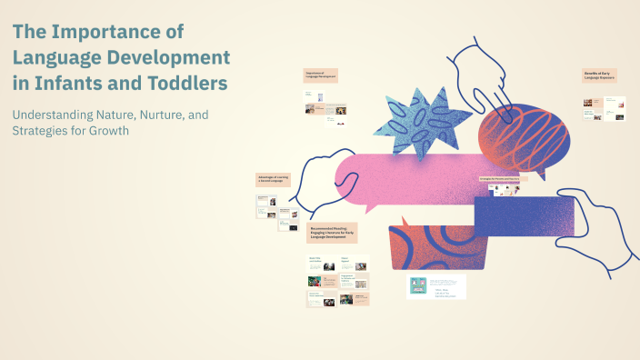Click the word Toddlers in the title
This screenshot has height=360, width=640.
(184, 85)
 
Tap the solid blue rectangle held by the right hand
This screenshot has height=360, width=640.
(523, 219)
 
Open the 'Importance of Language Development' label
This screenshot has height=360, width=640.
(321, 76)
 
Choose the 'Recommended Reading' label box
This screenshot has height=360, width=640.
(333, 233)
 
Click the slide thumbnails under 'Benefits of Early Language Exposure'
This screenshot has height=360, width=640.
(605, 109)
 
